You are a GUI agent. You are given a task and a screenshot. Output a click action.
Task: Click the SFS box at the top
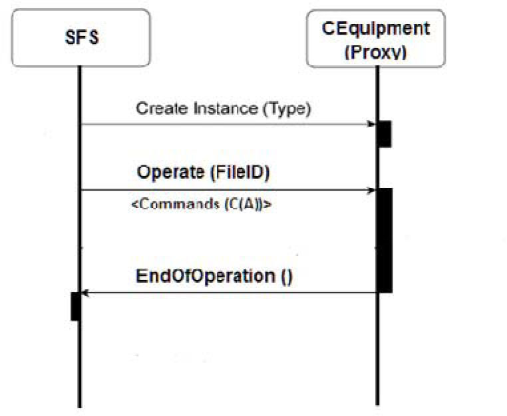point(80,37)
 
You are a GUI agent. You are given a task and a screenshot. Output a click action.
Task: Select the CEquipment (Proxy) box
point(376,38)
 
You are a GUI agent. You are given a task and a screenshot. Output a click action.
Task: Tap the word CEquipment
point(376,28)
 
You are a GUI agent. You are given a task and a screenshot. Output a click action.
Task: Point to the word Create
point(158,108)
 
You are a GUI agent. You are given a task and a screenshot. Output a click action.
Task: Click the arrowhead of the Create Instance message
point(372,124)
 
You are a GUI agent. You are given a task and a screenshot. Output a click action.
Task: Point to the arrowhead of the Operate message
point(372,191)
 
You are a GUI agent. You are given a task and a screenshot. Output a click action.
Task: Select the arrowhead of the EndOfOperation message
point(84,293)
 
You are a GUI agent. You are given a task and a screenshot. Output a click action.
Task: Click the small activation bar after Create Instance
point(384,134)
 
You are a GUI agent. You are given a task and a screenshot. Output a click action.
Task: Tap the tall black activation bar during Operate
point(384,240)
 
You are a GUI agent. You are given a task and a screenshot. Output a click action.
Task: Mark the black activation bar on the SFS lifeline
point(75,306)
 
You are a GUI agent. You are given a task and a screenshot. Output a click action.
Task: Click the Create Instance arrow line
point(226,124)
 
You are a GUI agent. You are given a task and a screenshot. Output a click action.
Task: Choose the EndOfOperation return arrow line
point(226,293)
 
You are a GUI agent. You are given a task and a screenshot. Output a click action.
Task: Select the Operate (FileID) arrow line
point(226,191)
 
